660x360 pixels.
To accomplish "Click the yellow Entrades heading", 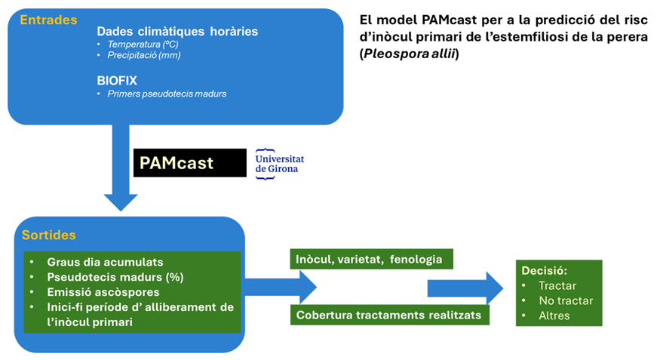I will (x=48, y=20).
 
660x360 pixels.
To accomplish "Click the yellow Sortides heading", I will (x=48, y=235).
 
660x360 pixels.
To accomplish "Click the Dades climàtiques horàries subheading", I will (x=177, y=31).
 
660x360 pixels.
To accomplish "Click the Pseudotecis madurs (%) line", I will (x=115, y=277).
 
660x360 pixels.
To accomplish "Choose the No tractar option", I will (x=566, y=300).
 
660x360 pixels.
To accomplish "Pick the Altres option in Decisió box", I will (x=554, y=315).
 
